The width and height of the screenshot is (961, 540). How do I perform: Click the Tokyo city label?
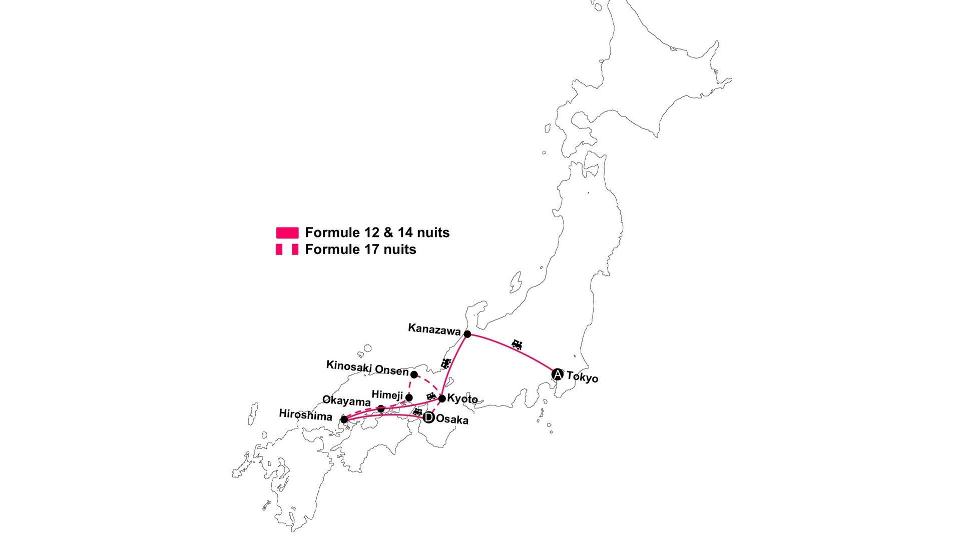582,377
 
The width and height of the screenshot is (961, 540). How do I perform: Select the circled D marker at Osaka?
428,418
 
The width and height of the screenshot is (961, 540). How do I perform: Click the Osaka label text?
452,420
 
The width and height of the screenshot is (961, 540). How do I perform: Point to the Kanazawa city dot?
467,334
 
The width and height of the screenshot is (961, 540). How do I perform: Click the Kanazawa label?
434,328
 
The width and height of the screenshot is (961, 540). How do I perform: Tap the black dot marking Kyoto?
442,398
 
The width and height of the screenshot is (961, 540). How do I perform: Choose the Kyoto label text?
462,399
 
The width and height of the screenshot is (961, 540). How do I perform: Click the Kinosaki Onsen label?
367,368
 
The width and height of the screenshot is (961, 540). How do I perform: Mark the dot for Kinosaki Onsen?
414,374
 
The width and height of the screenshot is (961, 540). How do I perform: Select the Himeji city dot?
409,397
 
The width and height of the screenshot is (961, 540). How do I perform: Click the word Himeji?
387,395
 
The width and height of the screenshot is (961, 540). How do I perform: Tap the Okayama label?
346,401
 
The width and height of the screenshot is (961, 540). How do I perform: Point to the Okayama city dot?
381,408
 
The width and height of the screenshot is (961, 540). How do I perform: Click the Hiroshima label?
305,414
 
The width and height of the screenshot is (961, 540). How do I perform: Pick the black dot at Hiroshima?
344,419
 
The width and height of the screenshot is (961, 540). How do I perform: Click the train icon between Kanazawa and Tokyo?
518,344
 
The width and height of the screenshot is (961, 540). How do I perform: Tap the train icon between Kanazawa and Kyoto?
445,363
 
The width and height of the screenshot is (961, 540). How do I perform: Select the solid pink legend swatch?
287,232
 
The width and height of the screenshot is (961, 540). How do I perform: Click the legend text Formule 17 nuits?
360,249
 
